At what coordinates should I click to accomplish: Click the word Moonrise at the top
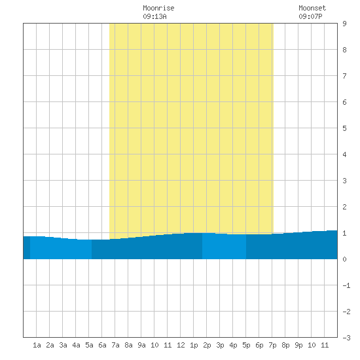[158, 8]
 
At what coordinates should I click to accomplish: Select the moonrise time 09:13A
[154, 16]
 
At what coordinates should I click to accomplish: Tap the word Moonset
[312, 8]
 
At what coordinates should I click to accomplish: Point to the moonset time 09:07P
[310, 16]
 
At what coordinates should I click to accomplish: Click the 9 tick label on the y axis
[344, 24]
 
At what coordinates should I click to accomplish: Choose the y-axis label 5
[344, 128]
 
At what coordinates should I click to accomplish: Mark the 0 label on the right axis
[344, 259]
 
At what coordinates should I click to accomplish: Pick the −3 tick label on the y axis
[346, 338]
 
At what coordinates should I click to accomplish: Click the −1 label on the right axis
[346, 285]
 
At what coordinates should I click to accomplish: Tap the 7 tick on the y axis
[344, 76]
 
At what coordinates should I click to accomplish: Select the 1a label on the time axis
[37, 345]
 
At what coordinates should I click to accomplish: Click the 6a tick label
[102, 345]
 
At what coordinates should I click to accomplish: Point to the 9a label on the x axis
[141, 345]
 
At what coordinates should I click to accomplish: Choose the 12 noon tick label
[181, 345]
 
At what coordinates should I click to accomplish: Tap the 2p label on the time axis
[207, 345]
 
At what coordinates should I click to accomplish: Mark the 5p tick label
[246, 345]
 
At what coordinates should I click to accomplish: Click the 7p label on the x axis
[272, 345]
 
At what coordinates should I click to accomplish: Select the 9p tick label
[298, 345]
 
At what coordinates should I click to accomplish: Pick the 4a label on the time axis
[76, 345]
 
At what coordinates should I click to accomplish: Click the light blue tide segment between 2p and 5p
[224, 246]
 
